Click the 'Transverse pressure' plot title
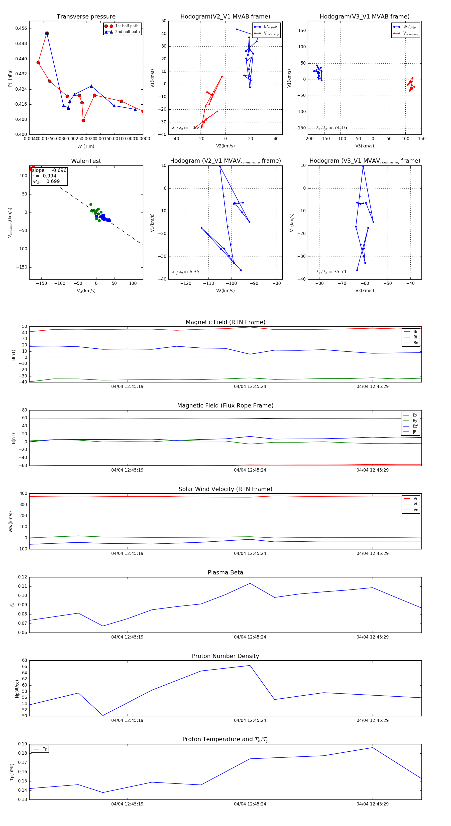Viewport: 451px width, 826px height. [x=86, y=17]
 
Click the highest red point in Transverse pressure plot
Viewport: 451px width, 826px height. [x=47, y=33]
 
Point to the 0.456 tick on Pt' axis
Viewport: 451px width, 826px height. [x=21, y=29]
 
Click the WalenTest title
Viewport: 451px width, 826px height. [x=86, y=161]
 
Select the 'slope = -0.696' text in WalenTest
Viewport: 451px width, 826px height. [x=49, y=170]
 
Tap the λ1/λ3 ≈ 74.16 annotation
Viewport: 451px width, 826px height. [x=331, y=128]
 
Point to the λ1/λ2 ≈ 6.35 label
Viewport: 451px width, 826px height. [x=185, y=272]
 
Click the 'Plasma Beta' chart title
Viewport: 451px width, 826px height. [x=225, y=573]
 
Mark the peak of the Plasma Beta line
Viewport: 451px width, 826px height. [x=250, y=583]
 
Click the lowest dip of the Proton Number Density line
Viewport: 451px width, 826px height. [x=103, y=715]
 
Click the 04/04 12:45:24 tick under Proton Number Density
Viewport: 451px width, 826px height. [x=250, y=720]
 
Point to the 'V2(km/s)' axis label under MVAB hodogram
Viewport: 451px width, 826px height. [x=225, y=146]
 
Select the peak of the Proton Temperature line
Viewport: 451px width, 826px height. [x=372, y=747]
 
